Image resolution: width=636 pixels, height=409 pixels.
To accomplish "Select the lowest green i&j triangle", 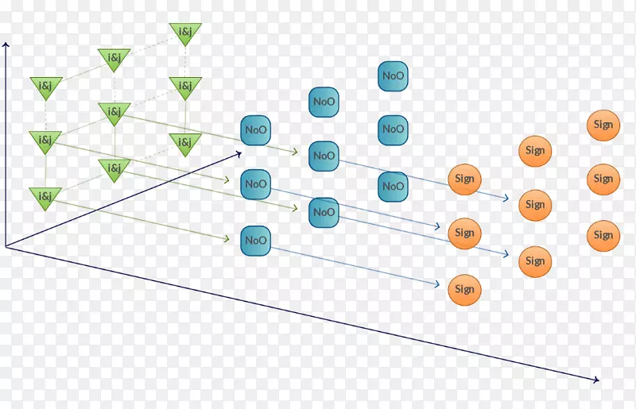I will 45,197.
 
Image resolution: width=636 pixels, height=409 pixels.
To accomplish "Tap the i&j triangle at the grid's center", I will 114,113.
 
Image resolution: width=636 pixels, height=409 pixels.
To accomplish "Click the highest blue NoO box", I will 393,76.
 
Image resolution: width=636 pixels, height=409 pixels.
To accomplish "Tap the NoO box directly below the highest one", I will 393,129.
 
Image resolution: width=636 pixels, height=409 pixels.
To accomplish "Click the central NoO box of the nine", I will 324,156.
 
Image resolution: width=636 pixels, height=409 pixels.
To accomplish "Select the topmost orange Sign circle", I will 603,125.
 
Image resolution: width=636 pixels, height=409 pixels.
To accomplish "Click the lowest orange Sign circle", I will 464,290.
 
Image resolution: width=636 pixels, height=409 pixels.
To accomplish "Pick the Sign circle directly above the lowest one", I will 464,233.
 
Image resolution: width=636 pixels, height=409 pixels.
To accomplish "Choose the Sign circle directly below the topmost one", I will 603,179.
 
